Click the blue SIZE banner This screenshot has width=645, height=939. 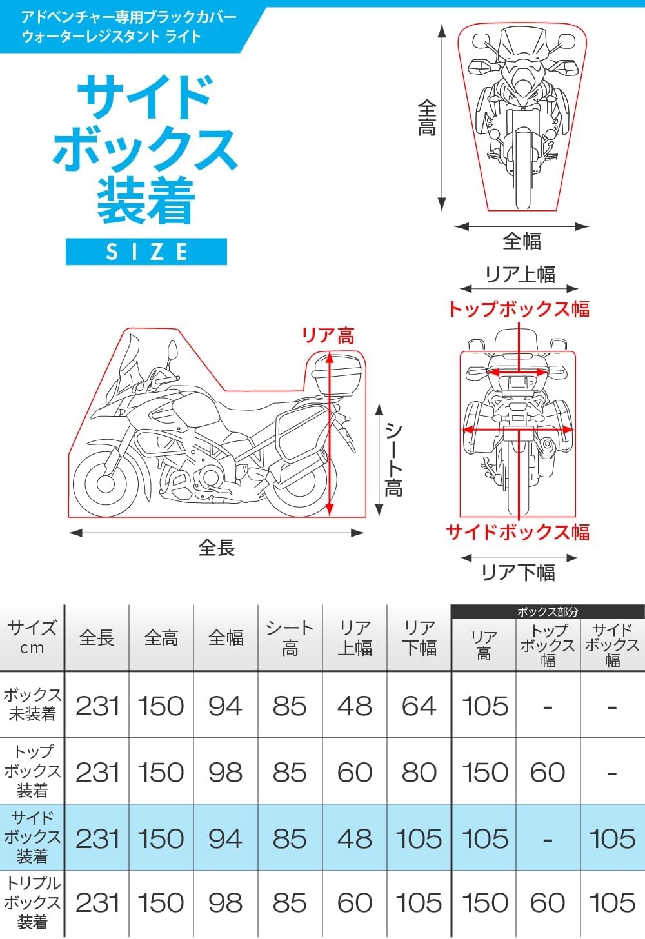(x=146, y=252)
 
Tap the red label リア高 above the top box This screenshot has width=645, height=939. (x=328, y=335)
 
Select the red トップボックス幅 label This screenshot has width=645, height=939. (x=519, y=309)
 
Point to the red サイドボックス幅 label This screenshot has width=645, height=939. (x=517, y=532)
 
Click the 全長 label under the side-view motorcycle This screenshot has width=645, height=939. (x=217, y=548)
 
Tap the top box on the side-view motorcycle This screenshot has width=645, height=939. (x=337, y=377)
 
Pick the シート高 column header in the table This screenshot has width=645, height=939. (x=290, y=638)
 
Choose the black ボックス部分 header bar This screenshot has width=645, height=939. (x=548, y=611)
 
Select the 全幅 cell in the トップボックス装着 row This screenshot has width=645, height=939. (x=225, y=772)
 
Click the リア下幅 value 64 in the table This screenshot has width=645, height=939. (x=419, y=706)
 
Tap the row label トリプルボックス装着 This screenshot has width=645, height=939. (x=32, y=902)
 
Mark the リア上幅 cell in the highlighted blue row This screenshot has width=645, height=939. (x=354, y=838)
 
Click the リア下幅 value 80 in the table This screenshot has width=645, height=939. (x=419, y=772)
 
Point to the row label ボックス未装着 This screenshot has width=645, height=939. (x=32, y=704)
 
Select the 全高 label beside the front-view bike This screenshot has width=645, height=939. (x=426, y=118)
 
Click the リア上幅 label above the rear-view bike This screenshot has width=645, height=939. (x=520, y=275)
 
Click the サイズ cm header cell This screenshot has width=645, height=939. (x=32, y=638)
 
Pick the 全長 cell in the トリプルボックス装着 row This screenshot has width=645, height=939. (x=97, y=902)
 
